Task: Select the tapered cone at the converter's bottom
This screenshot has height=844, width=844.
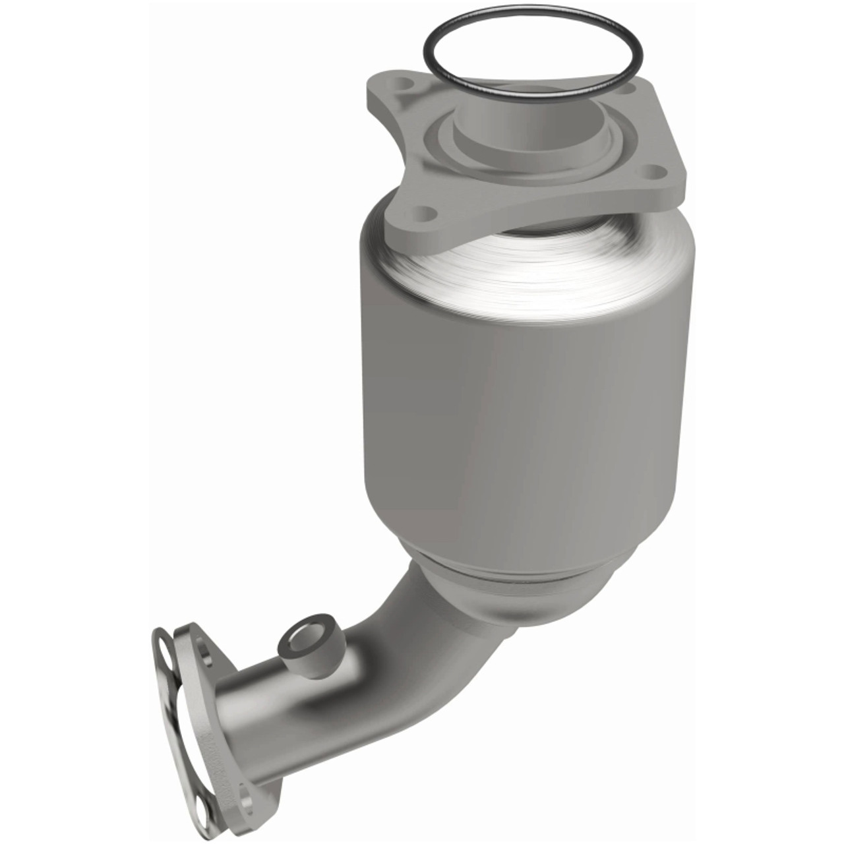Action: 521,593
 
